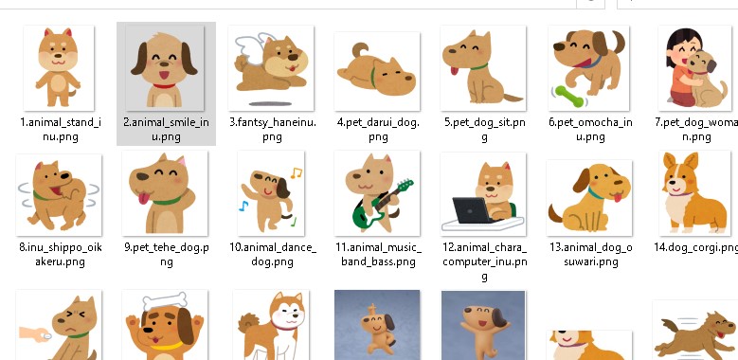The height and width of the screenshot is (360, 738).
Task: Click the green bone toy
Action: tap(568, 96)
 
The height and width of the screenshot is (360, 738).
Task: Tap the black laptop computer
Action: tap(472, 210)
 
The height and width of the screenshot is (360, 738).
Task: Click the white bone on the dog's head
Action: tap(165, 300)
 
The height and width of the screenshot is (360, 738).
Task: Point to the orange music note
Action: tap(296, 173)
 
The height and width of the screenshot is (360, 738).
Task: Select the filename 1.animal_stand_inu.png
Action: tap(61, 130)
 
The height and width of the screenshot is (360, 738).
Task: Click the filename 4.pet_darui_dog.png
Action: tap(378, 130)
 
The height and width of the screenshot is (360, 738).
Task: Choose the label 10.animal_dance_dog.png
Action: tap(273, 255)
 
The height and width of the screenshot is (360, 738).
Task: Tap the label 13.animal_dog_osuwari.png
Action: tap(590, 255)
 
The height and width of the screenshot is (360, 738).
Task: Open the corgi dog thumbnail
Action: tap(696, 194)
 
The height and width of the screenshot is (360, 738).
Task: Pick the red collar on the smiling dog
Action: tap(164, 85)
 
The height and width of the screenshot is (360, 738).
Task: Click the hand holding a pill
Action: tap(35, 334)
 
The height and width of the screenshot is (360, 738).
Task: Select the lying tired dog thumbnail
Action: tap(376, 71)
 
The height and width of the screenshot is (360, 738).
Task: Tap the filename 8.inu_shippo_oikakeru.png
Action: tap(61, 255)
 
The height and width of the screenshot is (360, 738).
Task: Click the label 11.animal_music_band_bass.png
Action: tap(378, 255)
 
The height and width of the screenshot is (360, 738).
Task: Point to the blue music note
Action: tap(243, 206)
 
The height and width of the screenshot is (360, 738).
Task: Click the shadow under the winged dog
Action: tap(270, 103)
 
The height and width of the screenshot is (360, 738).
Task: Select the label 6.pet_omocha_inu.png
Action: tap(590, 130)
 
